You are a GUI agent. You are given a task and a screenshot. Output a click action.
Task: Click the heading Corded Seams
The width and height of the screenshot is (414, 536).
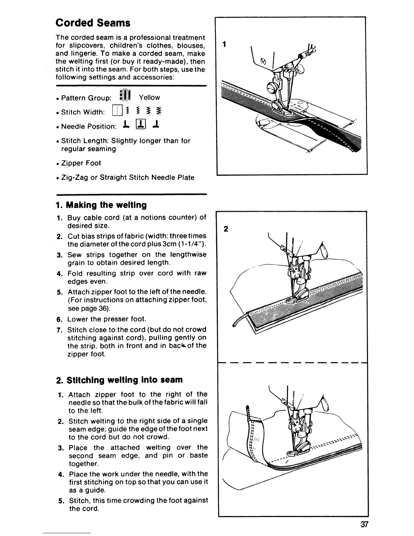pos(93,23)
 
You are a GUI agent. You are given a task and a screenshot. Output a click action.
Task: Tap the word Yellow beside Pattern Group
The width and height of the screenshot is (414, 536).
pos(149,97)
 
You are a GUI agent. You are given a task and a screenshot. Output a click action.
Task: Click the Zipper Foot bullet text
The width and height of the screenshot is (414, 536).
pos(81,163)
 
